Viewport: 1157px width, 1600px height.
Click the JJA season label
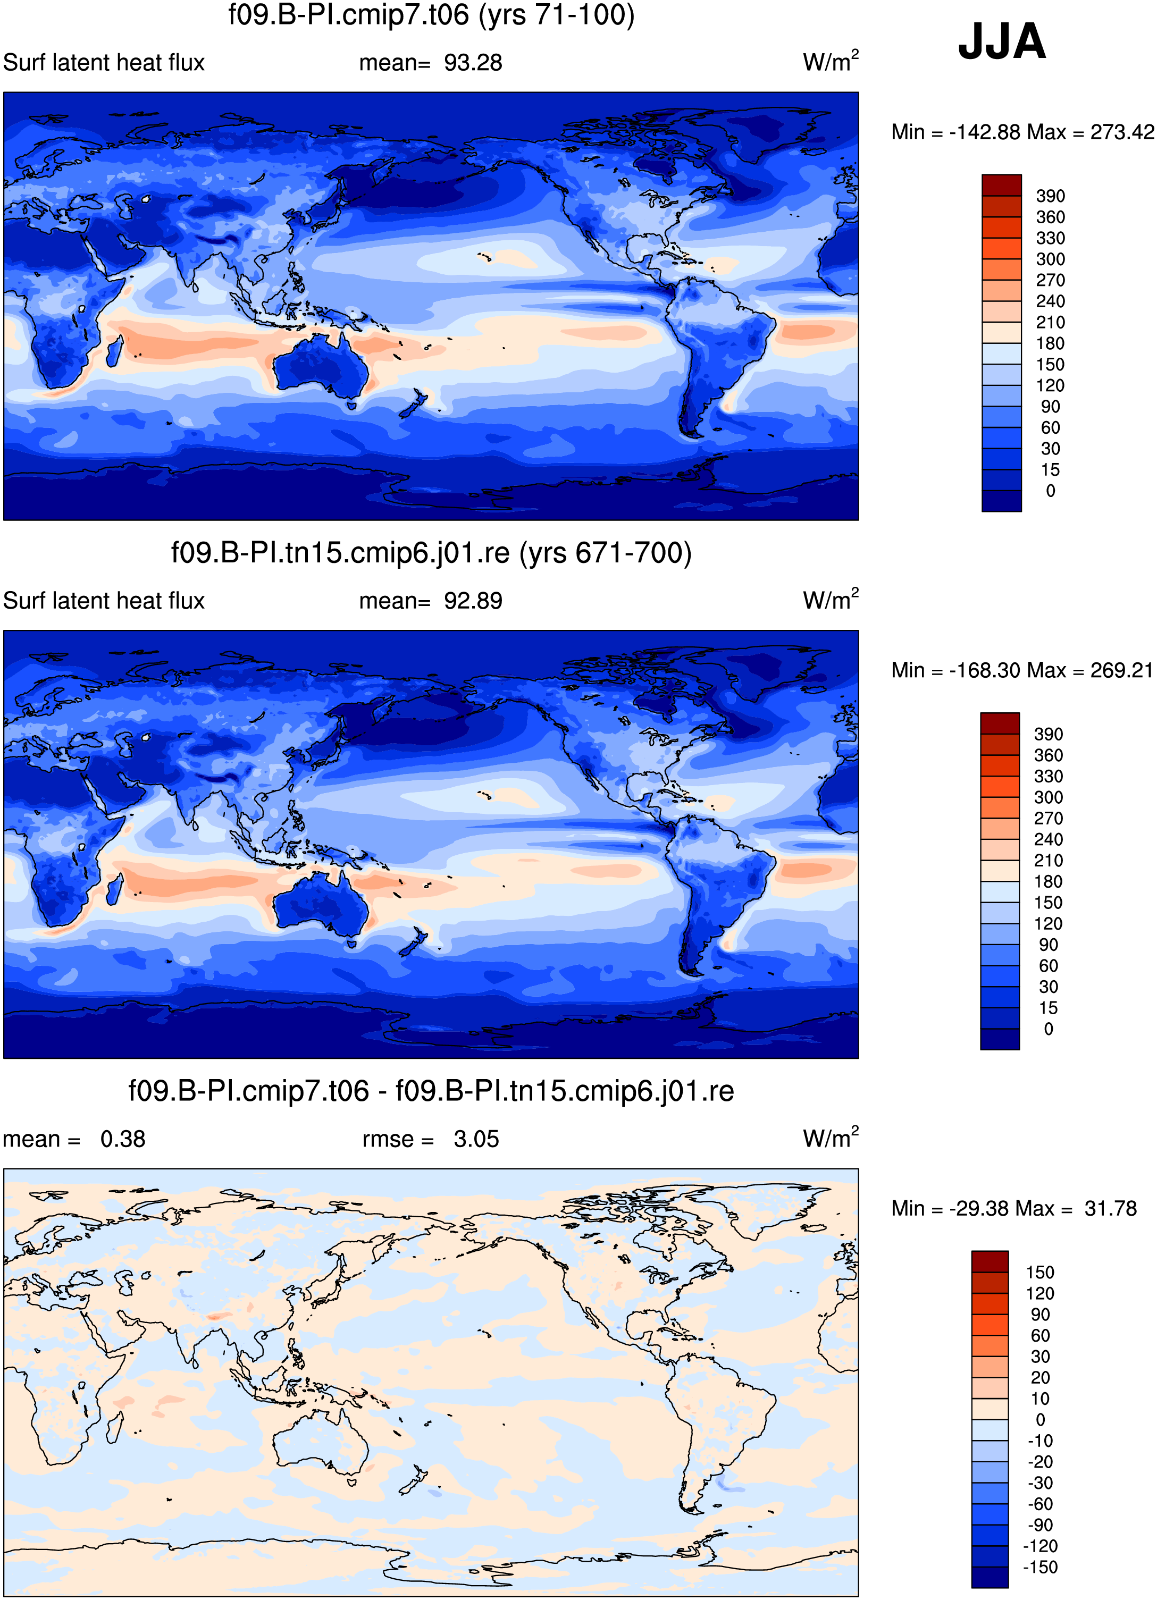[1001, 41]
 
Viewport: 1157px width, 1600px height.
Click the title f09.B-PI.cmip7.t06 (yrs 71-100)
[431, 15]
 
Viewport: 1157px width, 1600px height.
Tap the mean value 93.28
[473, 63]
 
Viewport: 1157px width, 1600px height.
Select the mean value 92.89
[473, 601]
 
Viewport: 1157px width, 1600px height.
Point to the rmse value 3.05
[476, 1139]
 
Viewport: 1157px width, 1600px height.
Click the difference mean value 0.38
[123, 1139]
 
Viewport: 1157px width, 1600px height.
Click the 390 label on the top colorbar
[1050, 196]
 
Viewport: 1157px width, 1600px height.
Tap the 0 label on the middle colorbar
[1049, 1029]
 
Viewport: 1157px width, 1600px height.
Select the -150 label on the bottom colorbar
[1041, 1567]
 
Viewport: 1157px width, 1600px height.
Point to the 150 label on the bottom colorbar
[1040, 1272]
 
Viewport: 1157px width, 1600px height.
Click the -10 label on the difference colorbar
[1040, 1441]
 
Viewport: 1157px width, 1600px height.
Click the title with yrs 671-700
[431, 553]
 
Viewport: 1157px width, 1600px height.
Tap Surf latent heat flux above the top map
[104, 63]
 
